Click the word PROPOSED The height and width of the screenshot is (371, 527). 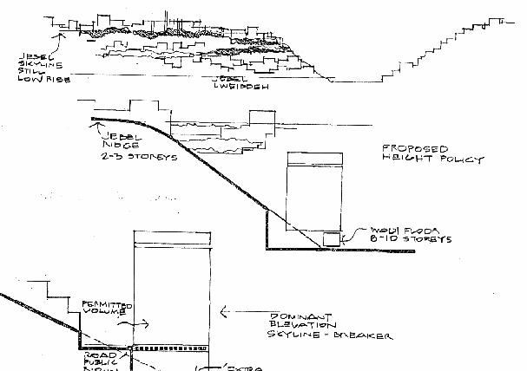pyautogui.click(x=409, y=149)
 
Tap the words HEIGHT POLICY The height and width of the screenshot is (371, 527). pyautogui.click(x=432, y=159)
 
